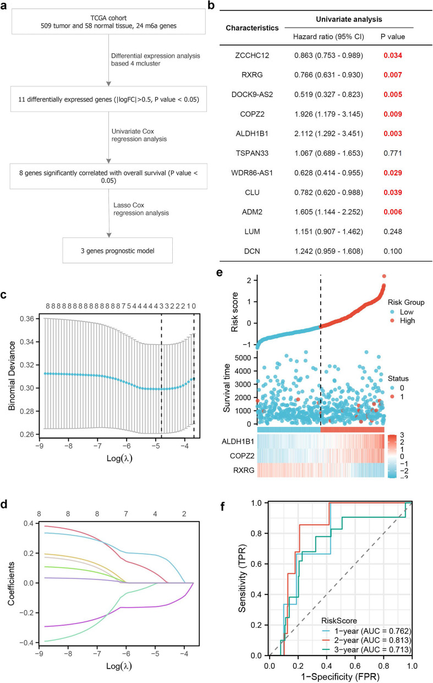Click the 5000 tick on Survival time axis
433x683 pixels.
click(x=244, y=357)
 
